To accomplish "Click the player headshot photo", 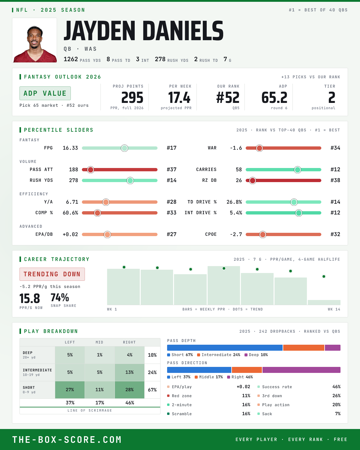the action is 34,40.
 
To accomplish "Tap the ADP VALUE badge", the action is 45,93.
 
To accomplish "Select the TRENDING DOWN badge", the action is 52,274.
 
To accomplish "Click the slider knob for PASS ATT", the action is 91,169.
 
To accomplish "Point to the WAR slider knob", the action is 259,148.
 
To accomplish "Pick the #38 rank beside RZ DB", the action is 335,180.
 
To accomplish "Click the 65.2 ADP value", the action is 274,98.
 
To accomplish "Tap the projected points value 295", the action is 132,98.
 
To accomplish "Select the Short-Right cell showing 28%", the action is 130,390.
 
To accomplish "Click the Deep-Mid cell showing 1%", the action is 100,355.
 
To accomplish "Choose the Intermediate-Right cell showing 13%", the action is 130,372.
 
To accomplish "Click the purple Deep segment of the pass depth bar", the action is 333,347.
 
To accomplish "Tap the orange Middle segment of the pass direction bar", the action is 247,370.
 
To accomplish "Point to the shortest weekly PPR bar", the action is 324,302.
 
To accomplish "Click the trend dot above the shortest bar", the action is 324,276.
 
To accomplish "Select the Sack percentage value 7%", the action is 338,414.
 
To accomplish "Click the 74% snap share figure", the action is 60,297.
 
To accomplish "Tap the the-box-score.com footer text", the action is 67,439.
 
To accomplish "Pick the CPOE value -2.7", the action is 236,234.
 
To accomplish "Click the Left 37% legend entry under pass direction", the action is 179,377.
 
